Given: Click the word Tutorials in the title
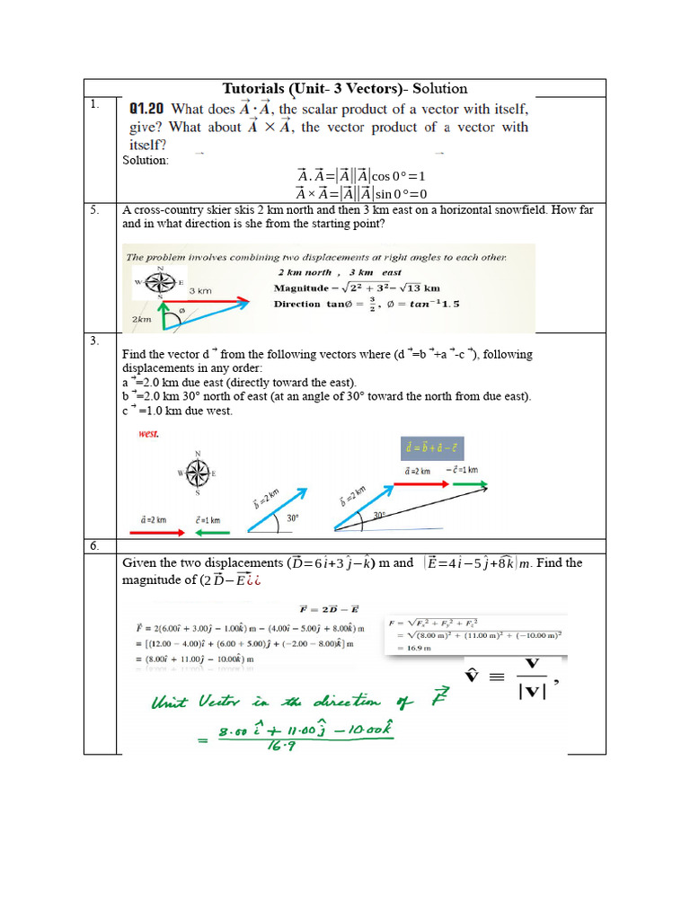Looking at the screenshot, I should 254,88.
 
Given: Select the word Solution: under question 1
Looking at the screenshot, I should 146,160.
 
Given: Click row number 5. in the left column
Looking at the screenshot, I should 93,210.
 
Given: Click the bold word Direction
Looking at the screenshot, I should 296,304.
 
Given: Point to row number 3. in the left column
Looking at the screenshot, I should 93,341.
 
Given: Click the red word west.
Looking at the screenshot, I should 148,434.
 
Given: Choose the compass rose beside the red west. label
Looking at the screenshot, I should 198,473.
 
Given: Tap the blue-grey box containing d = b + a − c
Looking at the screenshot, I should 432,448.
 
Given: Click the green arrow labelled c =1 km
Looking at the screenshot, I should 210,532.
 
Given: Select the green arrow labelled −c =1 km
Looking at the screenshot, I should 470,483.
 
